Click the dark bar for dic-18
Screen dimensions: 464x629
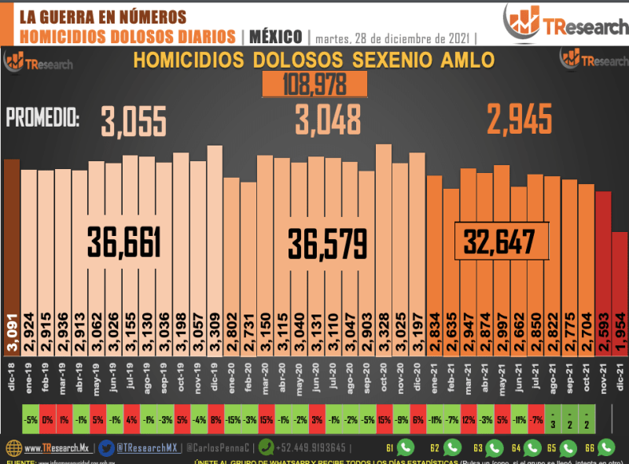[x=11, y=236]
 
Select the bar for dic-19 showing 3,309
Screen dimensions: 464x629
[x=214, y=236]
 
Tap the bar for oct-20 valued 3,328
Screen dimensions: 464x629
[x=383, y=236]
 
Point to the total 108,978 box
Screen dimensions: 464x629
[x=314, y=84]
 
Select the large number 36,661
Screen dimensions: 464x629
[x=124, y=241]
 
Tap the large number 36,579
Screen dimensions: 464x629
[x=326, y=241]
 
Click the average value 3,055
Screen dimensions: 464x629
[x=134, y=122]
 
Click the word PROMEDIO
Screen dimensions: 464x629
[x=42, y=120]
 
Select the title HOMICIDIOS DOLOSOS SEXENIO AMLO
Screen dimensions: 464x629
[x=314, y=61]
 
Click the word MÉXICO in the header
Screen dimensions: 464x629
[x=276, y=36]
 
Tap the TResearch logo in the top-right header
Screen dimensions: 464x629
[x=555, y=24]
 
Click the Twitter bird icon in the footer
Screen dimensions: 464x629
[x=106, y=448]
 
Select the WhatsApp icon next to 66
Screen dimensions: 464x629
[x=606, y=447]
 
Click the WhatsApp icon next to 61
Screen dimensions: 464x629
[x=405, y=447]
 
